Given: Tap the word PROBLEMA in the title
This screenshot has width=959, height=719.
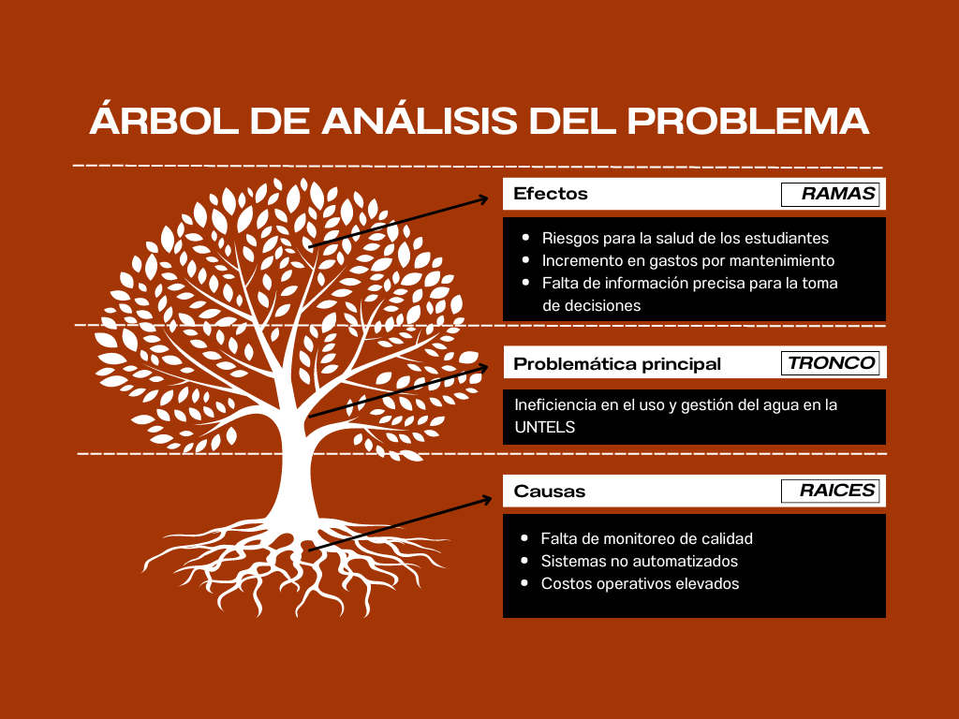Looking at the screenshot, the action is click(748, 121).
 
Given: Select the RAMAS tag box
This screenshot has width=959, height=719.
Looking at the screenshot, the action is click(830, 194).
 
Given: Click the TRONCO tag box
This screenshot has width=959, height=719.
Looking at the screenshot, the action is click(830, 362).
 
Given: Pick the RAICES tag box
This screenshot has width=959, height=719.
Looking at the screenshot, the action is click(830, 491).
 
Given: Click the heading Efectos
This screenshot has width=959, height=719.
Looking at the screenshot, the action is click(551, 194).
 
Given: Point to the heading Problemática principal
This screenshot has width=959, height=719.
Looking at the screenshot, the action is click(617, 364).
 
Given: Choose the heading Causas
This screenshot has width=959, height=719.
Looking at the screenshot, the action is click(549, 491).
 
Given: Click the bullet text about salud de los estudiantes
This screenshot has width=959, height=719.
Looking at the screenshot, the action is click(685, 238).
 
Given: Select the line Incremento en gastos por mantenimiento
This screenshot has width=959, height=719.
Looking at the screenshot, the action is click(688, 260).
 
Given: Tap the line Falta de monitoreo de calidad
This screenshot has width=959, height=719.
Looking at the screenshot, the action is click(646, 538).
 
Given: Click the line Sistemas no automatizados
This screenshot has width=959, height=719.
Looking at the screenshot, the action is click(639, 562).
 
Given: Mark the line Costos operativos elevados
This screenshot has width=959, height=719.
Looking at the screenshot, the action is click(640, 584).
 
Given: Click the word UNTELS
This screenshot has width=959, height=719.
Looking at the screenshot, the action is click(544, 427).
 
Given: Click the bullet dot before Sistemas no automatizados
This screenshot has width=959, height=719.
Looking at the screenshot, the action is click(524, 561).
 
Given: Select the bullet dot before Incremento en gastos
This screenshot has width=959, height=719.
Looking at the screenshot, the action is click(525, 260).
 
